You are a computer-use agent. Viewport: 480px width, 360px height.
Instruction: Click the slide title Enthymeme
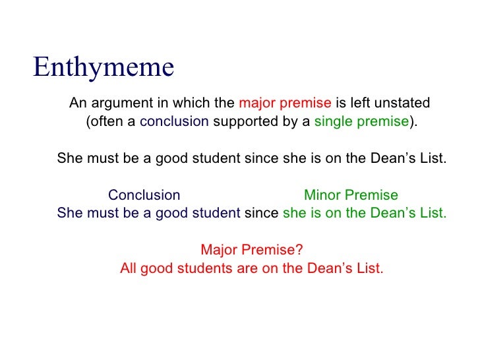coord(104,67)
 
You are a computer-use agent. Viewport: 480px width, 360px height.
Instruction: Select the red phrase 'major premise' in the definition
coord(285,104)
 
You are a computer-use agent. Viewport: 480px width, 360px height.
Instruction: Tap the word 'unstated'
coord(403,104)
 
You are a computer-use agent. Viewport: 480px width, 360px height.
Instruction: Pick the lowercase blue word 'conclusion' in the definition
coord(175,122)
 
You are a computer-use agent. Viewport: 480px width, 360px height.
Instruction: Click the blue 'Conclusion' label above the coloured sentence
coord(144,195)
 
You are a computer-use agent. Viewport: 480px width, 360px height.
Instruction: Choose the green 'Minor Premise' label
coord(351,195)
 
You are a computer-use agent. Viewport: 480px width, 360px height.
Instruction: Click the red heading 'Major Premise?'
coord(251,251)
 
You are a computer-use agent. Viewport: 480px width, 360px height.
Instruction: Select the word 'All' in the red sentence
coord(129,269)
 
